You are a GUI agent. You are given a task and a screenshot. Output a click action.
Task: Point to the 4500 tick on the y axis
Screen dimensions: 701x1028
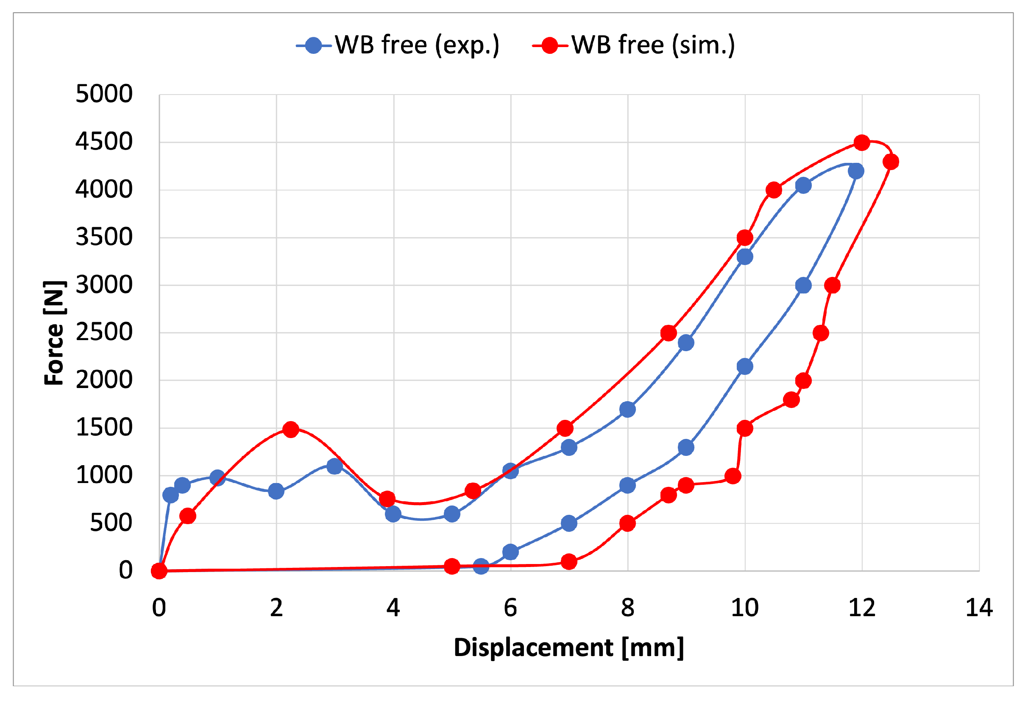point(104,142)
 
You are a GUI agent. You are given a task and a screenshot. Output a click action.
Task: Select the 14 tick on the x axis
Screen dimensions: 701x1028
point(978,608)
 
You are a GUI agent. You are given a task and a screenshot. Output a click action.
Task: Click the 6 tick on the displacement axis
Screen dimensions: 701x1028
point(510,608)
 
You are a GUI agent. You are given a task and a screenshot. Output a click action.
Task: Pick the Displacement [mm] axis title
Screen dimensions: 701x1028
point(569,648)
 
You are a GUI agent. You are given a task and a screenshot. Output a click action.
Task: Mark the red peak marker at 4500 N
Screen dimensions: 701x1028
point(862,142)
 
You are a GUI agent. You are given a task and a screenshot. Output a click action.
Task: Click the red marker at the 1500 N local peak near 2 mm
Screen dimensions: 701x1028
point(291,429)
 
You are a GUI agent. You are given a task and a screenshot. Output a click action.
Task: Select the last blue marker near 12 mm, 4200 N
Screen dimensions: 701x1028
point(856,171)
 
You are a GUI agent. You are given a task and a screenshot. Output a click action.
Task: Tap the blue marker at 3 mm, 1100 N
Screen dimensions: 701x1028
point(335,466)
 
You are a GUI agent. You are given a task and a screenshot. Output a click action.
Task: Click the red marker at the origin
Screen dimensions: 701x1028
point(159,571)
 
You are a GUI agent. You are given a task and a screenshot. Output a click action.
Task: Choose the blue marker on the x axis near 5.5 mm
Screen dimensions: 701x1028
point(481,566)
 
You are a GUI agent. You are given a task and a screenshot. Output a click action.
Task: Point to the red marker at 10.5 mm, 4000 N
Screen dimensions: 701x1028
point(774,190)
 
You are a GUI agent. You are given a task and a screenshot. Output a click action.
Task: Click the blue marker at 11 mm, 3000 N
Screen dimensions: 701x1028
point(803,285)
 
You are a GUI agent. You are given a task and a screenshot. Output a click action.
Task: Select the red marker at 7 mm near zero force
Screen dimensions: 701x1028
point(569,562)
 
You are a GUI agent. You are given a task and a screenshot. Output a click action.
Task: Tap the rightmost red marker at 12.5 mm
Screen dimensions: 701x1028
point(890,162)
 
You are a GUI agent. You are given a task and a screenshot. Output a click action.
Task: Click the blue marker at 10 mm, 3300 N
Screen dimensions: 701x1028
point(745,257)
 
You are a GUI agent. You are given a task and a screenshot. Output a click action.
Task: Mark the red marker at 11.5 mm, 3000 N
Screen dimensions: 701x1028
point(833,285)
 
